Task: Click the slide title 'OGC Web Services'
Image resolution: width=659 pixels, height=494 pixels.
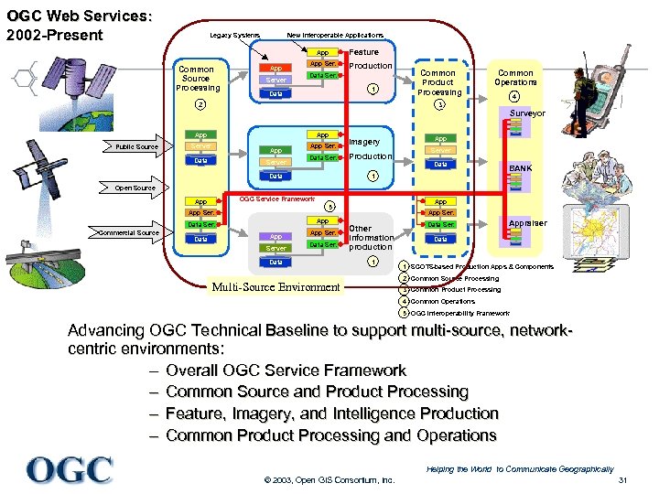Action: point(78,16)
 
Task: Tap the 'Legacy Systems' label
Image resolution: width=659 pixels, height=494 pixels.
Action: point(234,35)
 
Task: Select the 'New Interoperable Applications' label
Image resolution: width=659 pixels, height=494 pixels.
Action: point(335,35)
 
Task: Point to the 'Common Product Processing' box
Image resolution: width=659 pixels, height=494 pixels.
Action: point(438,82)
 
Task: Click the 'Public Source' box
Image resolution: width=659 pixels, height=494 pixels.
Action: point(136,146)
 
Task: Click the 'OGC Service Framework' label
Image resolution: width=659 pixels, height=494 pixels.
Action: point(277,199)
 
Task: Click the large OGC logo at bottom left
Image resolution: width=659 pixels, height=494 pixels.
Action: point(70,470)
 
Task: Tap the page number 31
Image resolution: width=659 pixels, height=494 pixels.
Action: point(622,481)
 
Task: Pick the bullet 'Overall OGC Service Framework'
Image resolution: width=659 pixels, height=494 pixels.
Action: point(286,370)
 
